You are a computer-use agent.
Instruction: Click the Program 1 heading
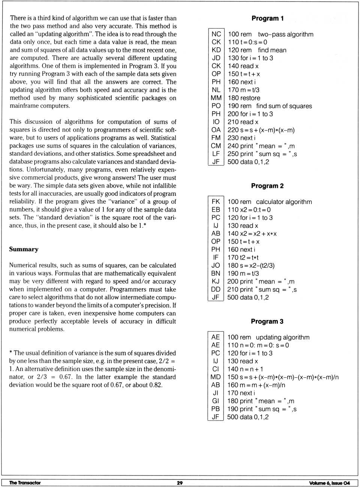(x=267, y=18)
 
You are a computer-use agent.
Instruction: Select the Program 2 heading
(x=267, y=186)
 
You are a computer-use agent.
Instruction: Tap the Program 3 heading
(x=267, y=321)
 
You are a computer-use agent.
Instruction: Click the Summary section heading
(x=24, y=249)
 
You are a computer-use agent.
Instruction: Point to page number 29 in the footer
(x=180, y=483)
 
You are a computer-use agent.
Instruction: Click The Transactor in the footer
(x=25, y=483)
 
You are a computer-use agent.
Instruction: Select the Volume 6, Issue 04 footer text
(x=329, y=483)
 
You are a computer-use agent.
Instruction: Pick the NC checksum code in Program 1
(x=216, y=34)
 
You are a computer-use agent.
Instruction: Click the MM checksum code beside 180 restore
(x=216, y=98)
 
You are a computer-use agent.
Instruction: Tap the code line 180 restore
(x=244, y=98)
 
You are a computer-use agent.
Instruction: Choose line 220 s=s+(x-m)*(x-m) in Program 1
(x=261, y=130)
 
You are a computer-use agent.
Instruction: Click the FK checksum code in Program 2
(x=216, y=202)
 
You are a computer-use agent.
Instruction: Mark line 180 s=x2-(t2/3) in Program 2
(x=251, y=266)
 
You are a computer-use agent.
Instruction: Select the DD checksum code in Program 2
(x=216, y=290)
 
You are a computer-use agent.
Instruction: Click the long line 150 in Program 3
(x=283, y=377)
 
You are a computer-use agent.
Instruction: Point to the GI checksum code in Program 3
(x=215, y=401)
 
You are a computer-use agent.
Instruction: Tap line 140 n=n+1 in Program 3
(x=245, y=369)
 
